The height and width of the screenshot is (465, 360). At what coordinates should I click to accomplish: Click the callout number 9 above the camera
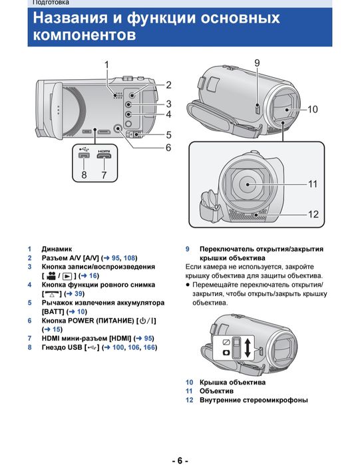pos(257,63)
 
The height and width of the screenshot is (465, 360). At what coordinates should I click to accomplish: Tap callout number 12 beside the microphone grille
pos(313,214)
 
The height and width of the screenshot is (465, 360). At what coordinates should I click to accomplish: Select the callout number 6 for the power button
pos(168,148)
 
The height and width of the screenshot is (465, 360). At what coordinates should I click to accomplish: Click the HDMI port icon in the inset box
pos(104,155)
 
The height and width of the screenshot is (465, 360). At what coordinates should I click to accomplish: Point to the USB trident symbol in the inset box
pos(84,148)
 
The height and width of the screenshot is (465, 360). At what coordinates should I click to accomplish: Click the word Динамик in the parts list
pos(57,249)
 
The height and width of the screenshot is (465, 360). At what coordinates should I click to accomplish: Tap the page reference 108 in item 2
pos(129,258)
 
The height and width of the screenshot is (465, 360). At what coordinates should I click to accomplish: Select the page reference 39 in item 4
pos(79,293)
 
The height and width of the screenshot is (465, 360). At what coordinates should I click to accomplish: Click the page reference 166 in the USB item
pos(149,347)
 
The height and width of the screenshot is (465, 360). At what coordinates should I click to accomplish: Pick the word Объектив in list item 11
pos(216,391)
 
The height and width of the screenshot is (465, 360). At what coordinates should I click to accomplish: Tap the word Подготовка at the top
pos(51,3)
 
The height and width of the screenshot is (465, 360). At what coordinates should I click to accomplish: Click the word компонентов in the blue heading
pos(85,35)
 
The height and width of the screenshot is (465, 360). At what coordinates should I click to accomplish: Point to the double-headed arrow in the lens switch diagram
pos(248,348)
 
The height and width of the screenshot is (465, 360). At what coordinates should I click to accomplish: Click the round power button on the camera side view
pos(118,128)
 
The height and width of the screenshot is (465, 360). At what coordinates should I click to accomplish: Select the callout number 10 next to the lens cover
pos(312,109)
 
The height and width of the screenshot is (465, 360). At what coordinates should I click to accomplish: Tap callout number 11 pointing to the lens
pos(313,184)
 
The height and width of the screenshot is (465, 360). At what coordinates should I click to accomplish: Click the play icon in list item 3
pos(67,276)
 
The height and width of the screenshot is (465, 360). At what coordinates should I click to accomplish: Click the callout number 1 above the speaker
pos(106,65)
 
